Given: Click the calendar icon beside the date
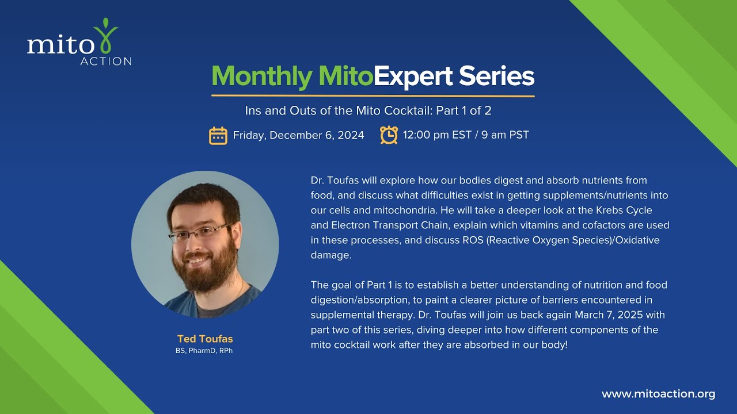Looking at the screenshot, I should click(x=218, y=136).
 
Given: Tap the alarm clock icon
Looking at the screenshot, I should click(x=389, y=135).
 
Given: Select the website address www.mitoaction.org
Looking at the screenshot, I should click(x=658, y=394).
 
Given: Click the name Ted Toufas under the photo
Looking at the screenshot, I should click(x=205, y=339).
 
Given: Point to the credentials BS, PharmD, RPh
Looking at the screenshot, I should click(x=204, y=351).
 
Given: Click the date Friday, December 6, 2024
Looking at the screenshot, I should click(x=298, y=136).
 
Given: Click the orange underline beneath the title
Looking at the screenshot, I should click(x=373, y=95).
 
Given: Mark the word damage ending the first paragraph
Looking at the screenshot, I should click(x=330, y=255).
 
